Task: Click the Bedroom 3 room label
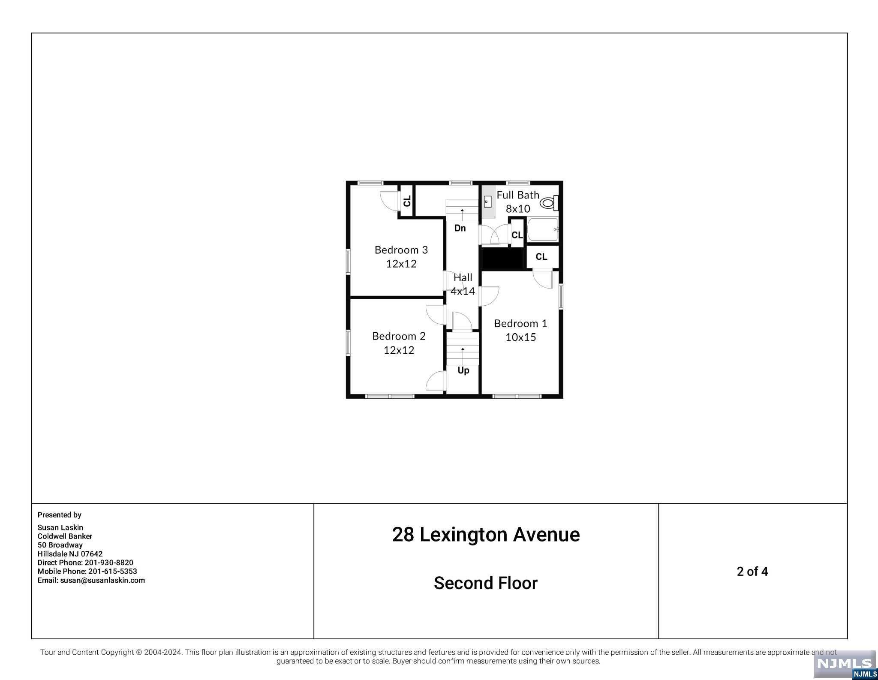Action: [x=401, y=256]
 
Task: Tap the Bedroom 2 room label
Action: [x=399, y=343]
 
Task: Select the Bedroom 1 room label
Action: [x=520, y=330]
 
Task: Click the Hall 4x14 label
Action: [x=463, y=284]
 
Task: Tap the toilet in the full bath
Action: [x=549, y=202]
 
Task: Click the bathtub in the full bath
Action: [x=543, y=230]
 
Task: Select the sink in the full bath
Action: [x=488, y=202]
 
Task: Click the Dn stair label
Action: [x=460, y=228]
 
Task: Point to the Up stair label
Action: [x=463, y=370]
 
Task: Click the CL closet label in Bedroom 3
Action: [x=407, y=201]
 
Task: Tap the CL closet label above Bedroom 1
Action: [x=541, y=256]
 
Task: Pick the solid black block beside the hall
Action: [x=503, y=259]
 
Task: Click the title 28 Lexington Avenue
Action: [x=486, y=535]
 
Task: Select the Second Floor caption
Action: [x=485, y=583]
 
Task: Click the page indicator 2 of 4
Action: [x=752, y=572]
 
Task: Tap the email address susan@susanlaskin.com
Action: [x=102, y=580]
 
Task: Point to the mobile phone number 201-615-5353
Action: [x=113, y=571]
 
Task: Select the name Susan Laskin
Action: [x=60, y=527]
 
